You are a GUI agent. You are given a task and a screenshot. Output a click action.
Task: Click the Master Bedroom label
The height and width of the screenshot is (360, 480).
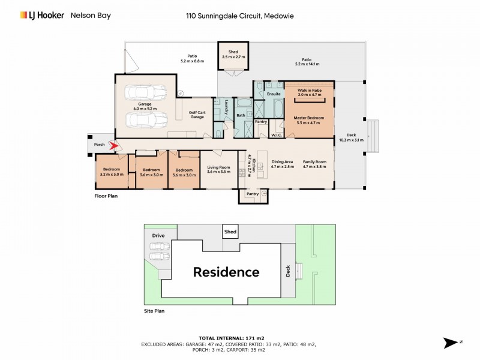309,119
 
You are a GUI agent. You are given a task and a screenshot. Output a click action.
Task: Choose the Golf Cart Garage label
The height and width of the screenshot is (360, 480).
197,114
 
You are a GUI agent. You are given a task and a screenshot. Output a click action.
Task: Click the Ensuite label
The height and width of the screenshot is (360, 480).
274,94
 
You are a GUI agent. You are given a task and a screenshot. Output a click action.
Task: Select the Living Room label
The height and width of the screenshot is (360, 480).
218,169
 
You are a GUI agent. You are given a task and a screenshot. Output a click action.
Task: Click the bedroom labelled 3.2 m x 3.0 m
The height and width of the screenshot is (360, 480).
112,172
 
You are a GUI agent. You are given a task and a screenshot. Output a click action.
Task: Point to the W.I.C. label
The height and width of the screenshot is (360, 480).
277,136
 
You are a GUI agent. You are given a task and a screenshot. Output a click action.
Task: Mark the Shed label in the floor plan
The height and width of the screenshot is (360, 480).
233,53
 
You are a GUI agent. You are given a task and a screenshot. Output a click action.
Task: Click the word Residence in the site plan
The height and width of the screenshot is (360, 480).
226,272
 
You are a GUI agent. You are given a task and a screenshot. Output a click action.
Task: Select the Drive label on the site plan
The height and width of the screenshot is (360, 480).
158,236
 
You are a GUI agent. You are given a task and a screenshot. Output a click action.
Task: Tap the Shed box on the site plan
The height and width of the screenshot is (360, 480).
230,232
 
